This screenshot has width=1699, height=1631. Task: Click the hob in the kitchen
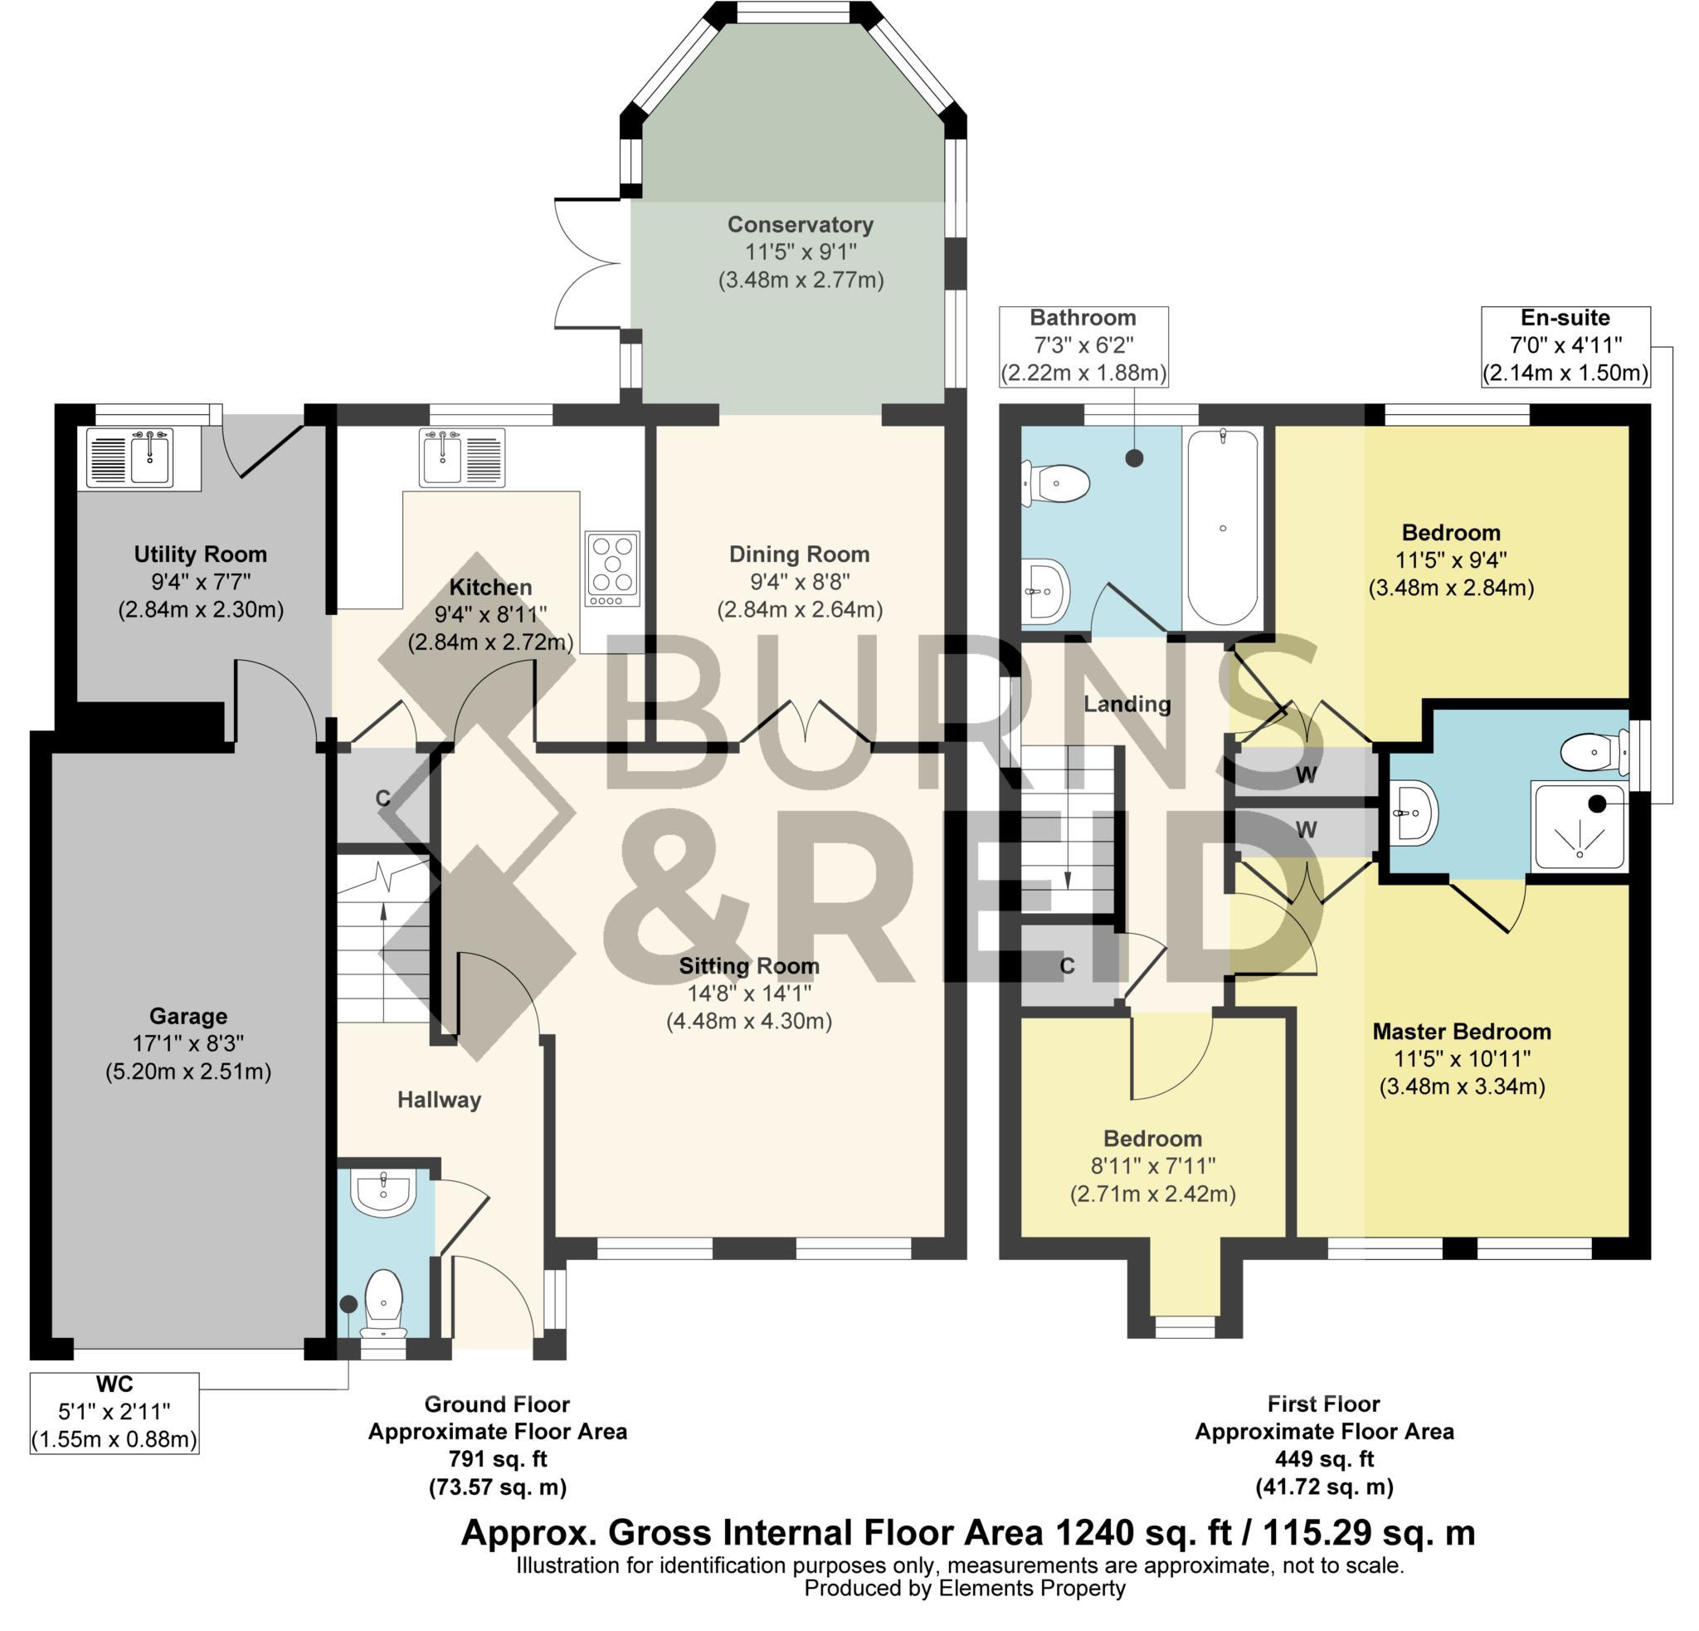coord(613,568)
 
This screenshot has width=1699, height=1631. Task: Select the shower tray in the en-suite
coord(1580,824)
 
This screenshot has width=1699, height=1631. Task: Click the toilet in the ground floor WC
coord(383,1304)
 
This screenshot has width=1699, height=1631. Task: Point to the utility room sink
coord(150,457)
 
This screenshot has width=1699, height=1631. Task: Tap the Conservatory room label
coord(800,225)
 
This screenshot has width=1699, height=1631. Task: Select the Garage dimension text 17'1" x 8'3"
coord(188,1044)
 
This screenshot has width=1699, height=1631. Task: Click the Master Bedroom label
coord(1462,1032)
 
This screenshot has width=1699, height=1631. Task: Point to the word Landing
coord(1127,704)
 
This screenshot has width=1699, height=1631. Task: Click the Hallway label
coord(439,1100)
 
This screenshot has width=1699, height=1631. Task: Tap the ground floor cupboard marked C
coord(383,798)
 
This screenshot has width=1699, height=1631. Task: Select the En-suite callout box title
coord(1565,318)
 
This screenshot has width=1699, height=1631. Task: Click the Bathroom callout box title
coord(1083,318)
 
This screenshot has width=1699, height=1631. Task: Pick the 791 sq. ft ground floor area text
coord(498,1459)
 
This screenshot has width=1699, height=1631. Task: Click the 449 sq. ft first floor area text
coord(1324,1459)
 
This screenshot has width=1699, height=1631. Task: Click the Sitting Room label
coord(749,966)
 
